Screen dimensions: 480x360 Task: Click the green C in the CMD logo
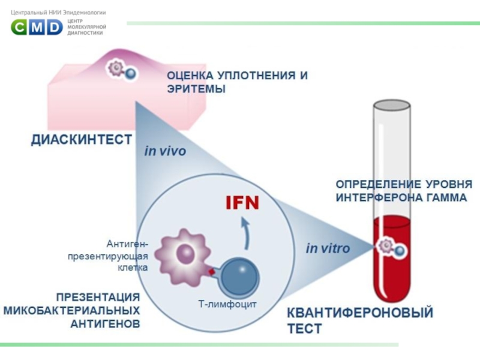pyautogui.click(x=19, y=27)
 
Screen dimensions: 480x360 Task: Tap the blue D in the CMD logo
pyautogui.click(x=55, y=27)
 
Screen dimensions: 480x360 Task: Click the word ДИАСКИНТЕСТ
pyautogui.click(x=82, y=140)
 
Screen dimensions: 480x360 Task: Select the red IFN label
pyautogui.click(x=242, y=202)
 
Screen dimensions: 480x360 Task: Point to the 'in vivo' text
pyautogui.click(x=166, y=151)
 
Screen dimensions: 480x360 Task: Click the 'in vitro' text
pyautogui.click(x=328, y=248)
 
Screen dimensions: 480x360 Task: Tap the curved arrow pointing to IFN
pyautogui.click(x=245, y=233)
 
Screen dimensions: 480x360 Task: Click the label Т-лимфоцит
pyautogui.click(x=227, y=304)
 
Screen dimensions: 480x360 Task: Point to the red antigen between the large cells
pyautogui.click(x=212, y=272)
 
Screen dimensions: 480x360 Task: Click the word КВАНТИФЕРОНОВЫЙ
pyautogui.click(x=360, y=313)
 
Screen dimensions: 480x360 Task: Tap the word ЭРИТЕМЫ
pyautogui.click(x=196, y=89)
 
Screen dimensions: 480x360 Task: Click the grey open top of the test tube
pyautogui.click(x=392, y=105)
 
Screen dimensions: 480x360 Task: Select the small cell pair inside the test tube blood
pyautogui.click(x=391, y=247)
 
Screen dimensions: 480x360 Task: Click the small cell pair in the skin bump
pyautogui.click(x=122, y=70)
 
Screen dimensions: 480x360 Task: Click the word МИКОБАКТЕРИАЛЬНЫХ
pyautogui.click(x=71, y=310)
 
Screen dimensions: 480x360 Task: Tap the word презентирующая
pyautogui.click(x=108, y=256)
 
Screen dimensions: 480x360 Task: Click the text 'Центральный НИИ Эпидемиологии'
pyautogui.click(x=58, y=13)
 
